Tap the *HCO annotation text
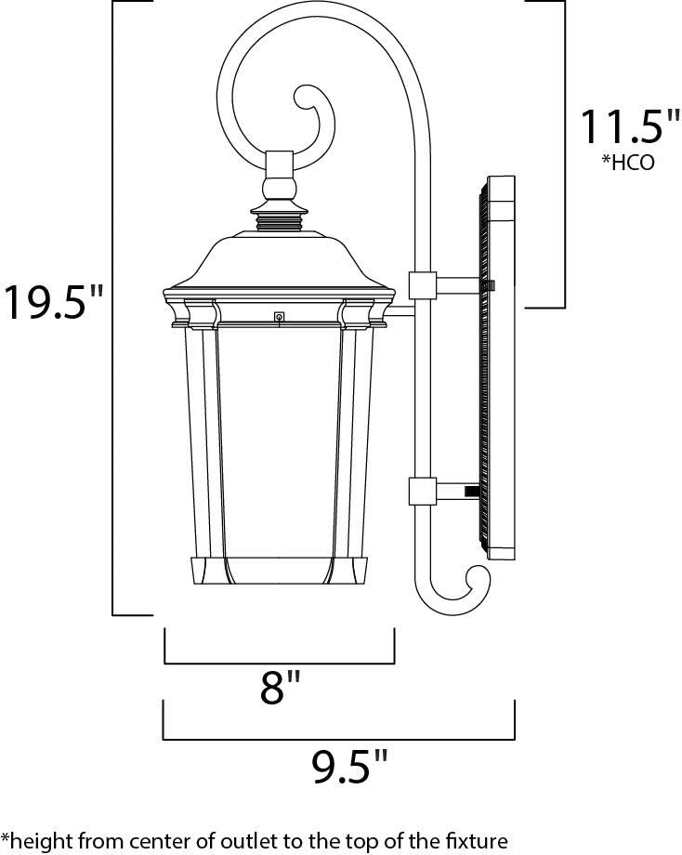pyautogui.click(x=628, y=164)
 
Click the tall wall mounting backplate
pyautogui.click(x=499, y=367)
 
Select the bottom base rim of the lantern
pyautogui.click(x=279, y=572)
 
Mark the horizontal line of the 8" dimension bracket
pyautogui.click(x=280, y=664)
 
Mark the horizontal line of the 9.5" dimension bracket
pyautogui.click(x=339, y=740)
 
